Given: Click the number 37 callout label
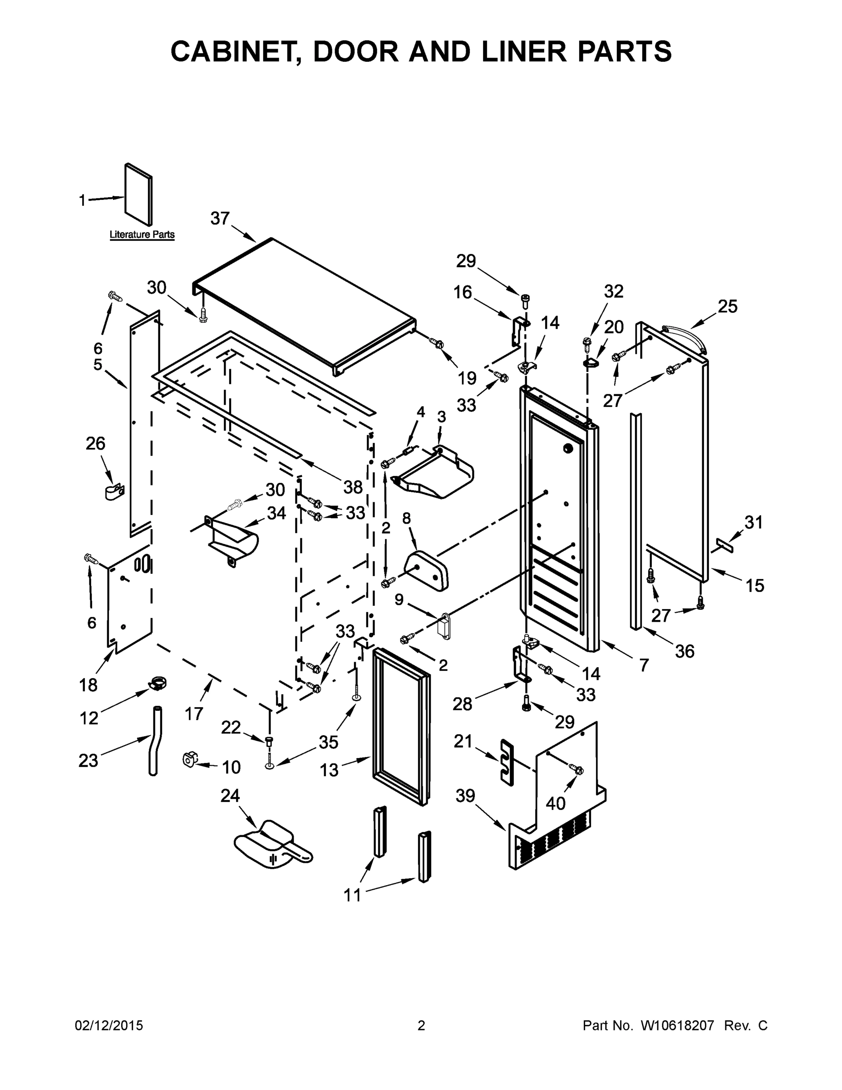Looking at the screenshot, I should pos(220,218).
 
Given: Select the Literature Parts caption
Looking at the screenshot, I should pos(142,234).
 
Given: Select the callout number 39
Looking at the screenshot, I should pos(465,796).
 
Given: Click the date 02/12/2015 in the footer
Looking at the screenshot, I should pos(109,1026).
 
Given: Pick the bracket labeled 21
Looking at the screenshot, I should pos(506,763).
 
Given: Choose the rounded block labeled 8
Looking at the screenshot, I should pos(427,569).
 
